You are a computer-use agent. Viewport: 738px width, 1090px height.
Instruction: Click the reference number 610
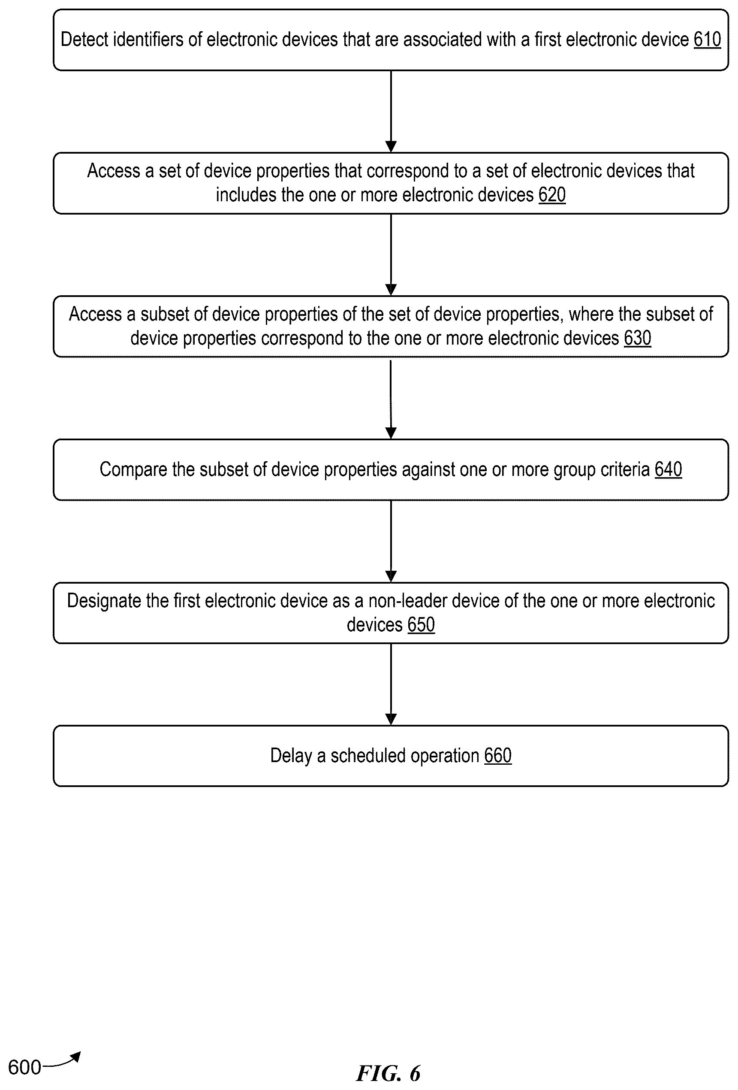pos(707,39)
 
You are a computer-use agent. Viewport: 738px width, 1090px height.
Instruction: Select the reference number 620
pos(552,195)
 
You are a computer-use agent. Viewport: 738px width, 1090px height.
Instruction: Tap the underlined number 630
pos(637,338)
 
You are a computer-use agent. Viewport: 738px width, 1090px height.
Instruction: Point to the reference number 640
pos(668,469)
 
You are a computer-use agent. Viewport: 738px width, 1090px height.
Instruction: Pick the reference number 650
pos(421,625)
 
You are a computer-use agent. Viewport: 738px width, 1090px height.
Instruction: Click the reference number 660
pos(497,756)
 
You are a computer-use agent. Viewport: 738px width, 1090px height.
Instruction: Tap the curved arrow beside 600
pos(61,1060)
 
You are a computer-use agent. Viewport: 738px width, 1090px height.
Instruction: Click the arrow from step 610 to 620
pos(391,112)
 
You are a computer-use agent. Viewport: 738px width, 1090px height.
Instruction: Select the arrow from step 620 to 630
pos(391,254)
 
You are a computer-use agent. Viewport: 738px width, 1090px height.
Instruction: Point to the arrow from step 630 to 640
pos(391,399)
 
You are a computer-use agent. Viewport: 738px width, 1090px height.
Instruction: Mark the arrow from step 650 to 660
pos(391,685)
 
